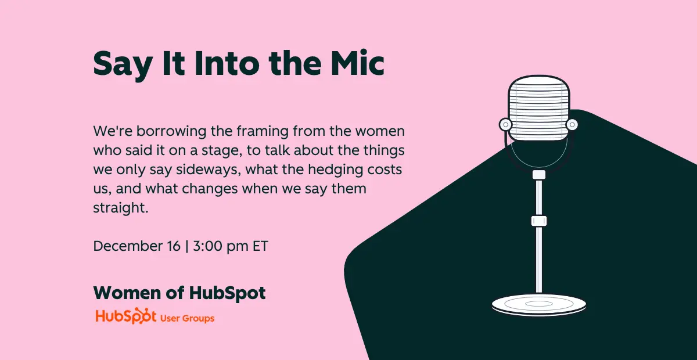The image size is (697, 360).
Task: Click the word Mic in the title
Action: tap(358, 63)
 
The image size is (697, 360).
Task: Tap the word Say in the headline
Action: tap(123, 66)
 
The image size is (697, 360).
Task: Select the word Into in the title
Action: tap(227, 63)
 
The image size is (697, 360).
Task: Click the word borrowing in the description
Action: tap(171, 132)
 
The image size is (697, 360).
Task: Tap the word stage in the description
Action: tap(221, 151)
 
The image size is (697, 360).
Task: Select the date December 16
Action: tap(137, 246)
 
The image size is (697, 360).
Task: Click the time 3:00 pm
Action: tap(221, 247)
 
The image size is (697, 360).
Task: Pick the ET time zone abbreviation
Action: tap(260, 246)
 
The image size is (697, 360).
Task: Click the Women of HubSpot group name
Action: tap(179, 293)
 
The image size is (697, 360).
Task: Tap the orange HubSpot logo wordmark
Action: tap(125, 316)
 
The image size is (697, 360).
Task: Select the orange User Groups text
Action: tap(187, 318)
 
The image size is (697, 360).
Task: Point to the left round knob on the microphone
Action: tap(506, 124)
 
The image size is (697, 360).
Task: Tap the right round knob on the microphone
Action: tap(572, 124)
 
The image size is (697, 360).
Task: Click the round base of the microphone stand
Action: tap(539, 304)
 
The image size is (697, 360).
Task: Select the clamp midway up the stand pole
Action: tap(539, 221)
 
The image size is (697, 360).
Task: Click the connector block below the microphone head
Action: tap(539, 175)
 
